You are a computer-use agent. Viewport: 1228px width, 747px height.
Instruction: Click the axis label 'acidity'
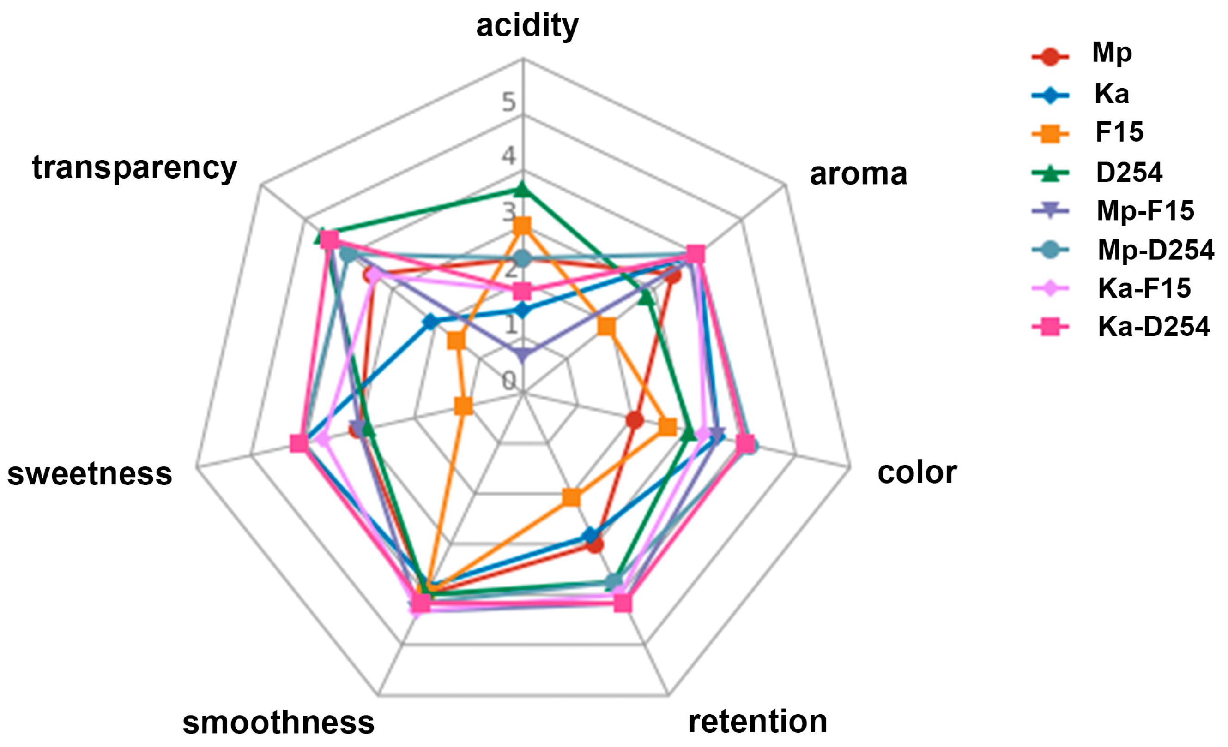click(527, 26)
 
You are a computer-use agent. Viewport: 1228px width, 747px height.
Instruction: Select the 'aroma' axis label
click(858, 174)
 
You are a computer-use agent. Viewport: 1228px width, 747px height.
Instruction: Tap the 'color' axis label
click(917, 472)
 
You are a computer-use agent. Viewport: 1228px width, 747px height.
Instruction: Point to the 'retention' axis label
click(757, 721)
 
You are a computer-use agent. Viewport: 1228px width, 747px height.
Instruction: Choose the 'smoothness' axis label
click(278, 723)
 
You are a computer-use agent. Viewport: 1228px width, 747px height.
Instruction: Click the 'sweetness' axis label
click(90, 473)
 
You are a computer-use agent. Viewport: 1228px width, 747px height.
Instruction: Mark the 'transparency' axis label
click(134, 168)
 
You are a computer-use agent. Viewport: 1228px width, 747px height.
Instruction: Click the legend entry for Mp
click(1111, 52)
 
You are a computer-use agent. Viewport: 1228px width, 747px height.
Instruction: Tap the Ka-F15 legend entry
click(1144, 288)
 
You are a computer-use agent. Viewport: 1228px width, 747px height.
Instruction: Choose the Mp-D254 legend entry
click(1155, 250)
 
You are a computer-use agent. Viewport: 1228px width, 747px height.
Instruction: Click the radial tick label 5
click(508, 102)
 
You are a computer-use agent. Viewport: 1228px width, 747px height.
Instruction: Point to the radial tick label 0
click(508, 381)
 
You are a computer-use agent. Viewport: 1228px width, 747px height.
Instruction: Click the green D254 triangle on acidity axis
click(522, 190)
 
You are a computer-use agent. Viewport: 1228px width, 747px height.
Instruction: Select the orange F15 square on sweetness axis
click(463, 406)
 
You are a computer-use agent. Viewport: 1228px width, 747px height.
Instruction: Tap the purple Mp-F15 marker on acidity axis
click(522, 354)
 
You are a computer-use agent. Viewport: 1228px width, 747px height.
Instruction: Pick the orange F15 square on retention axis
click(571, 496)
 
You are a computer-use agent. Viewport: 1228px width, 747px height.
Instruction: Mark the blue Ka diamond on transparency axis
click(430, 322)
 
